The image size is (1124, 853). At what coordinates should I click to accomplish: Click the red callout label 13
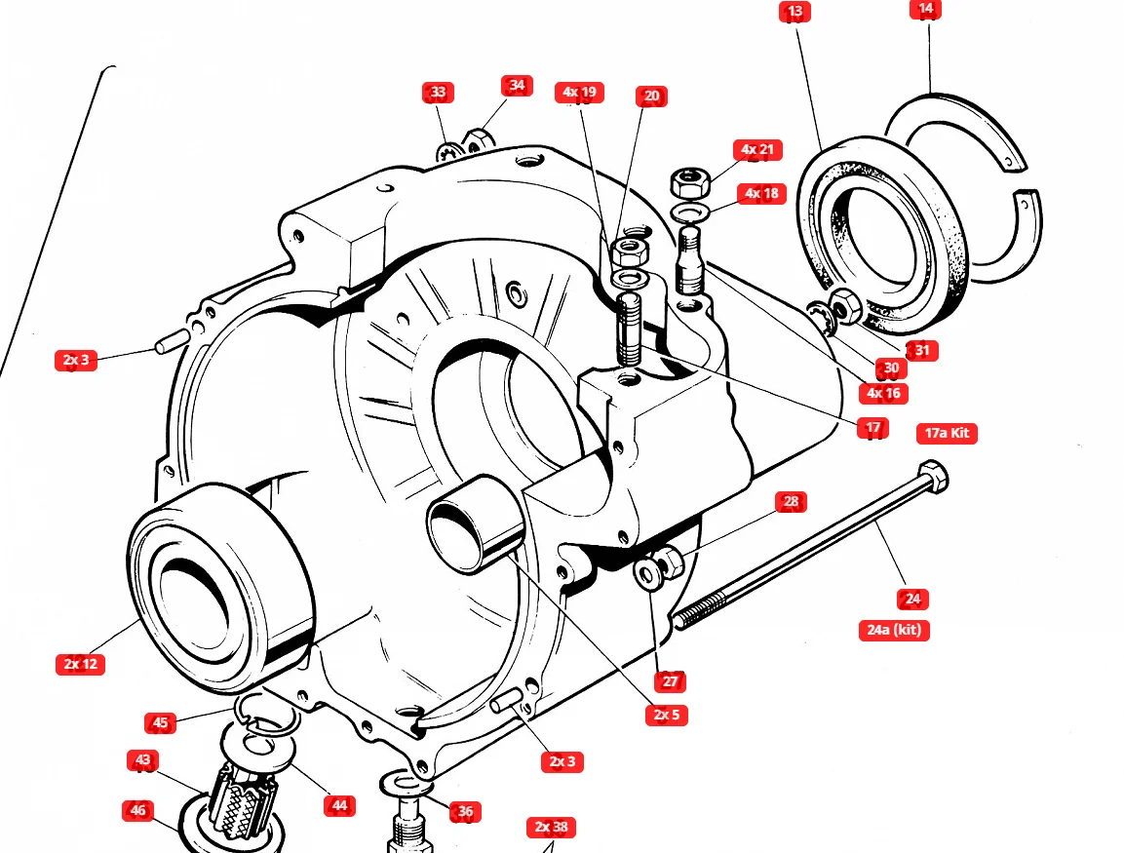[x=795, y=12]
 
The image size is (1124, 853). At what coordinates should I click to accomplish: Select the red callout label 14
[x=925, y=9]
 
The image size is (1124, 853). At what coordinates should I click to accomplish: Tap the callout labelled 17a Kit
[x=947, y=433]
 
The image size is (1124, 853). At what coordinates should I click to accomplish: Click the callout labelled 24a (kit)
[x=893, y=630]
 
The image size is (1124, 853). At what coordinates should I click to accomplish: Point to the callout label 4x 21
[x=756, y=149]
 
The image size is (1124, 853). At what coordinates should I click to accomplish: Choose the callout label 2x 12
[x=80, y=665]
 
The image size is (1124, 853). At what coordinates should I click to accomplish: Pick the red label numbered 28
[x=791, y=502]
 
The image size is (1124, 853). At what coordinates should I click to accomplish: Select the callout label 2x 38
[x=552, y=828]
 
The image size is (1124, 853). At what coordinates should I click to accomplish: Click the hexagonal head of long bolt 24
[x=934, y=477]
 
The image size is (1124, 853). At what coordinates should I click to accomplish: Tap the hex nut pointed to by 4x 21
[x=689, y=181]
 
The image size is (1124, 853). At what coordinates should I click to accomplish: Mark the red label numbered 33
[x=438, y=93]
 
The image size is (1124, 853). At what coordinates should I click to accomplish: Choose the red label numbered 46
[x=137, y=810]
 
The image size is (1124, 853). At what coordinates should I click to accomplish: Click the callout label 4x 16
[x=882, y=394]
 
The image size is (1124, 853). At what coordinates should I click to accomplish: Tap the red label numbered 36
[x=465, y=812]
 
